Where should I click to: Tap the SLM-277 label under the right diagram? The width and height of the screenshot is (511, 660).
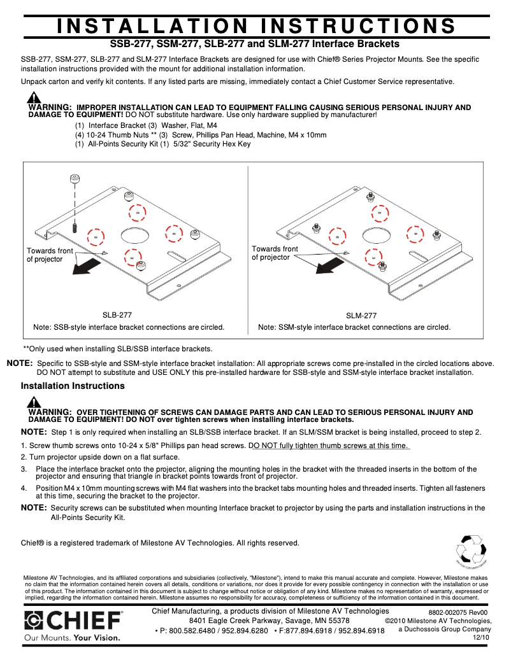coord(361,315)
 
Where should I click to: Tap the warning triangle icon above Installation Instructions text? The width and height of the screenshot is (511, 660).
coord(34,402)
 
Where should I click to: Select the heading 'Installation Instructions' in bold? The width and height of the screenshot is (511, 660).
coord(73,386)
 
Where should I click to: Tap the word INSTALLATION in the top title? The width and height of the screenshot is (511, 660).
coord(152,26)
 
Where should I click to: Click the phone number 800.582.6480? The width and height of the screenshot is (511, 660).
coord(191,631)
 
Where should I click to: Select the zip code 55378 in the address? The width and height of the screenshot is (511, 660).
coord(336,621)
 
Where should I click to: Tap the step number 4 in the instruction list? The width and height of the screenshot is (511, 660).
coord(23,488)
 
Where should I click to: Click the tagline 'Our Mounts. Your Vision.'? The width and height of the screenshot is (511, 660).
coord(71,637)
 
